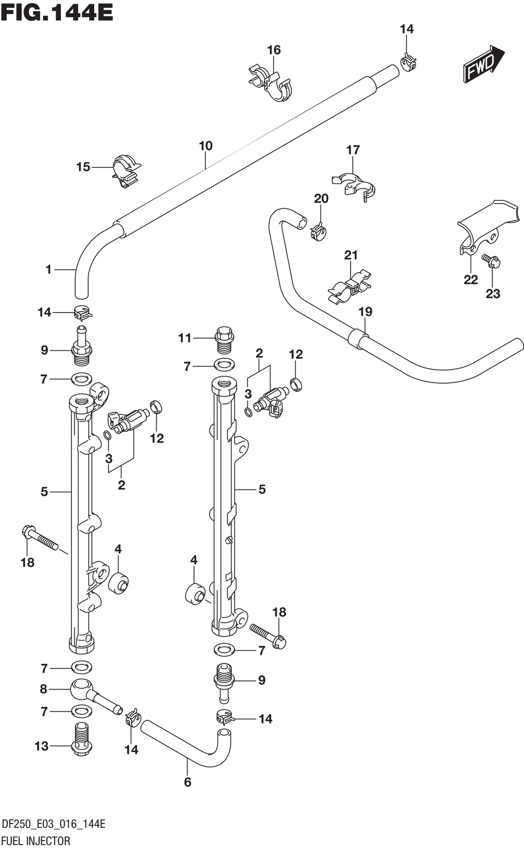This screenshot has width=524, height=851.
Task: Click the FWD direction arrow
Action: click(x=484, y=63)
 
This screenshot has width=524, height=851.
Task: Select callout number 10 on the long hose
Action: click(x=205, y=145)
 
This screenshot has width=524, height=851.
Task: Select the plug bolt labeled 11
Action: click(x=224, y=339)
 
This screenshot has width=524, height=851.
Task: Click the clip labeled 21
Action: click(x=349, y=288)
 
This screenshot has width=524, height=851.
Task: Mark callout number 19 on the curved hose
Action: click(x=365, y=312)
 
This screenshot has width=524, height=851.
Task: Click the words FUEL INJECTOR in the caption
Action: click(x=36, y=841)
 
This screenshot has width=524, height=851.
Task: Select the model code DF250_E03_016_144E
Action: click(x=53, y=824)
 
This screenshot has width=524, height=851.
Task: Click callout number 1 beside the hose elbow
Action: click(x=48, y=270)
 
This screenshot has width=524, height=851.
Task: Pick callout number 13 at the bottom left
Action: click(x=41, y=746)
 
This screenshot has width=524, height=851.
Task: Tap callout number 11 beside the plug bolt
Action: click(x=185, y=338)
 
